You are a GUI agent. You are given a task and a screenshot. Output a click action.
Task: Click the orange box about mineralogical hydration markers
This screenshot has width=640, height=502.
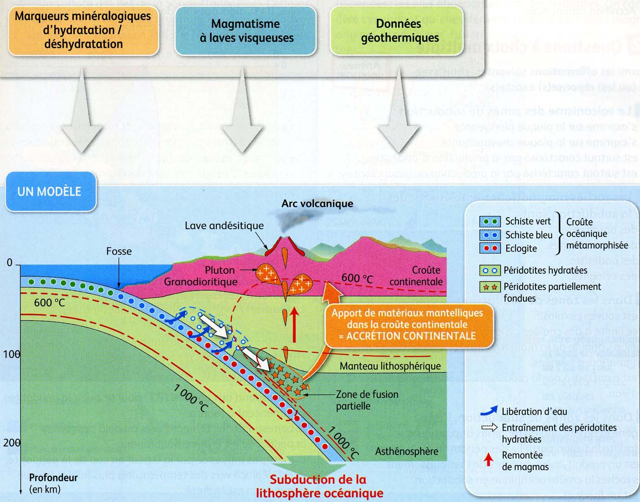pyautogui.click(x=83, y=30)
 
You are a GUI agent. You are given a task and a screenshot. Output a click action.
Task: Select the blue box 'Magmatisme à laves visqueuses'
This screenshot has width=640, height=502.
pyautogui.click(x=246, y=31)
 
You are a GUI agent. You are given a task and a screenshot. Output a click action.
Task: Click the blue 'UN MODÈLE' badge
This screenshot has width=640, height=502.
pyautogui.click(x=50, y=192)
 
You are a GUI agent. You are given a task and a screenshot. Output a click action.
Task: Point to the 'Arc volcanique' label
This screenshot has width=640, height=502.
pyautogui.click(x=317, y=204)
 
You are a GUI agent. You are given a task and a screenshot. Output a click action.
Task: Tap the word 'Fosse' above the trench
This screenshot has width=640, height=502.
pyautogui.click(x=119, y=251)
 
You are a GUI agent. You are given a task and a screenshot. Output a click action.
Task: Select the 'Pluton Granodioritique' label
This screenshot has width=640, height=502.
pyautogui.click(x=201, y=276)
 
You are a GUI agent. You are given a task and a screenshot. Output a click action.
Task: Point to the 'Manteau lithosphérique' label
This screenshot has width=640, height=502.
pyautogui.click(x=390, y=366)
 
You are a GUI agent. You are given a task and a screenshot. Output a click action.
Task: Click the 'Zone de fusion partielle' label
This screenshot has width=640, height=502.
pyautogui.click(x=367, y=400)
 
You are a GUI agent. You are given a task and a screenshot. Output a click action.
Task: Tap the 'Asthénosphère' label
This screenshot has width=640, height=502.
pyautogui.click(x=407, y=451)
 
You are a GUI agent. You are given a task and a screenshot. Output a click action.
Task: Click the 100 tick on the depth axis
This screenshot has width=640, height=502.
pyautogui.click(x=12, y=355)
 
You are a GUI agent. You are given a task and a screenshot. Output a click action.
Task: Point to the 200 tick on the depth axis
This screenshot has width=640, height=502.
pyautogui.click(x=12, y=443)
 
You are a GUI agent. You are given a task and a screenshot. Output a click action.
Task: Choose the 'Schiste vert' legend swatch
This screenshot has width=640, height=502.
pyautogui.click(x=490, y=221)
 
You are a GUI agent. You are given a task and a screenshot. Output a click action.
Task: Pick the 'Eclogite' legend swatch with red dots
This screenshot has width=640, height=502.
pyautogui.click(x=490, y=248)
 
